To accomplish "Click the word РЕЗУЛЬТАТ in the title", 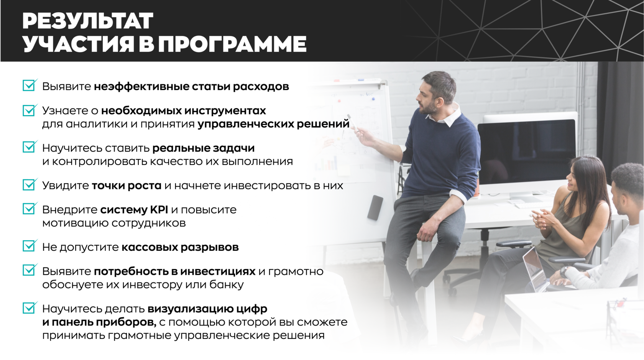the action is pos(88,21).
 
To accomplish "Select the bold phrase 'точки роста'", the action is pos(127,186).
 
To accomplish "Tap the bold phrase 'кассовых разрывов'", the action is pos(180,247).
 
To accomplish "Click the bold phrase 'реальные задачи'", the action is pos(203,148).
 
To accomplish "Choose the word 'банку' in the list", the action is pos(227,284).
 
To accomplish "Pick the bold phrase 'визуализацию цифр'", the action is pos(207,309).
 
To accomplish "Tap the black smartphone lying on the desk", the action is pos(375,208).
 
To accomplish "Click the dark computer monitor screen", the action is pos(526,152).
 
